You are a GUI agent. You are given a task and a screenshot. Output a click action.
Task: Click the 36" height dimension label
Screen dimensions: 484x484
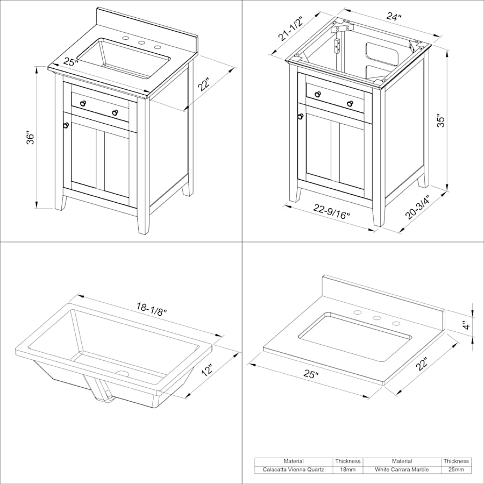click(30, 139)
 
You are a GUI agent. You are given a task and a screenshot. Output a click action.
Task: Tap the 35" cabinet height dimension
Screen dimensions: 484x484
click(442, 122)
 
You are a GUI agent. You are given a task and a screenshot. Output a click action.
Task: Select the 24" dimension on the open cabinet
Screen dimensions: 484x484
click(394, 16)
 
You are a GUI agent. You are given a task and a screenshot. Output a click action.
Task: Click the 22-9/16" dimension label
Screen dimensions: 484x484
click(331, 211)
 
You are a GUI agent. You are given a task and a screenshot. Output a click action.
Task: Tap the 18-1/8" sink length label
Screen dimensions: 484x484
click(152, 309)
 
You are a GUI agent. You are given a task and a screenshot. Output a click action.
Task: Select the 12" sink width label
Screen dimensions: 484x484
click(208, 369)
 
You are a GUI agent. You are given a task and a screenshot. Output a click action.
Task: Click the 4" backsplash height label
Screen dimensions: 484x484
click(468, 325)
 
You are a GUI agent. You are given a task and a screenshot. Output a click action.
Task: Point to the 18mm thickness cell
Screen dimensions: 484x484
click(348, 469)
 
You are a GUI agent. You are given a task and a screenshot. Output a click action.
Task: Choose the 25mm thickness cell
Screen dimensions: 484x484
click(456, 469)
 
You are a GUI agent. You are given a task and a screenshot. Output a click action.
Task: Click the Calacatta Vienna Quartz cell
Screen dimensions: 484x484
click(293, 469)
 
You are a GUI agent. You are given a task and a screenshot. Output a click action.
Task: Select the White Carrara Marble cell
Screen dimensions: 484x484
click(402, 469)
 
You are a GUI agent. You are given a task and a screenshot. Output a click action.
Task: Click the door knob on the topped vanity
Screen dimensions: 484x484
click(66, 125)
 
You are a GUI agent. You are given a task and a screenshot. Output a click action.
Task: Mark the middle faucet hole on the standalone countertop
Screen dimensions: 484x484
click(376, 318)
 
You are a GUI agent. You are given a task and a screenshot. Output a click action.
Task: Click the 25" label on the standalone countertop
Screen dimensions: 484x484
click(311, 374)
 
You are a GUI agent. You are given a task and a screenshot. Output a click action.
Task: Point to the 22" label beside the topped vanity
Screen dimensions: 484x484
click(203, 84)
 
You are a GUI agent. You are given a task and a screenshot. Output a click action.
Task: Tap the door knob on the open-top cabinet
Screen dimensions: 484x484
click(300, 116)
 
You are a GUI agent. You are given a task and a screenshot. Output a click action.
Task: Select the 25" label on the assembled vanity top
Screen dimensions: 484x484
click(70, 62)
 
